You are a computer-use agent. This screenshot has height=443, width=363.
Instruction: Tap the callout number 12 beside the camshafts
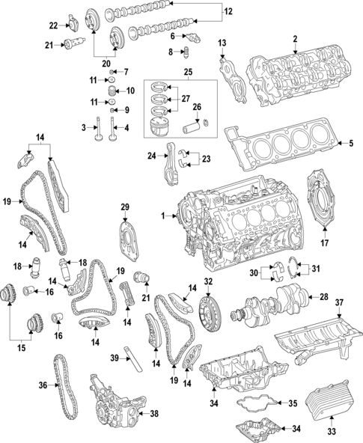pos(228,11)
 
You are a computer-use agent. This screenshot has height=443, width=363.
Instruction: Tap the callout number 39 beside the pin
pos(115,358)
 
